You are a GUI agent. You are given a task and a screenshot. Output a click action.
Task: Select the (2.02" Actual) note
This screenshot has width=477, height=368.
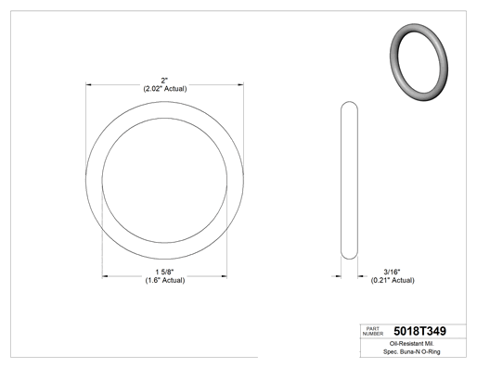[165, 89]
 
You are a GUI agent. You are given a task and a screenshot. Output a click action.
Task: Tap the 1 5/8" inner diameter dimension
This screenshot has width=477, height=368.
[164, 273]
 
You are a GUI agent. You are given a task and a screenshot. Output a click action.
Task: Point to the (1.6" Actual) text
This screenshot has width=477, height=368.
[165, 280]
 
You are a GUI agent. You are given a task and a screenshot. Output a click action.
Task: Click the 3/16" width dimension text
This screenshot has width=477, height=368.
[392, 273]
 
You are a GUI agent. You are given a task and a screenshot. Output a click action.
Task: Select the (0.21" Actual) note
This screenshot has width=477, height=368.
[393, 280]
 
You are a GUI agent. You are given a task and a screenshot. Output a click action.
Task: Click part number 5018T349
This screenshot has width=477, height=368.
[419, 331]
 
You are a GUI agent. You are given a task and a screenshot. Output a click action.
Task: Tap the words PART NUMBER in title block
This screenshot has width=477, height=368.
[373, 331]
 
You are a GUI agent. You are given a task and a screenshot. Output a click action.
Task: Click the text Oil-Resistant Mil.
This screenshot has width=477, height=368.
[411, 344]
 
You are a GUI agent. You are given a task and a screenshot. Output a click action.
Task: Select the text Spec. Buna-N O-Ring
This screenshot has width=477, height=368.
[412, 351]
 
